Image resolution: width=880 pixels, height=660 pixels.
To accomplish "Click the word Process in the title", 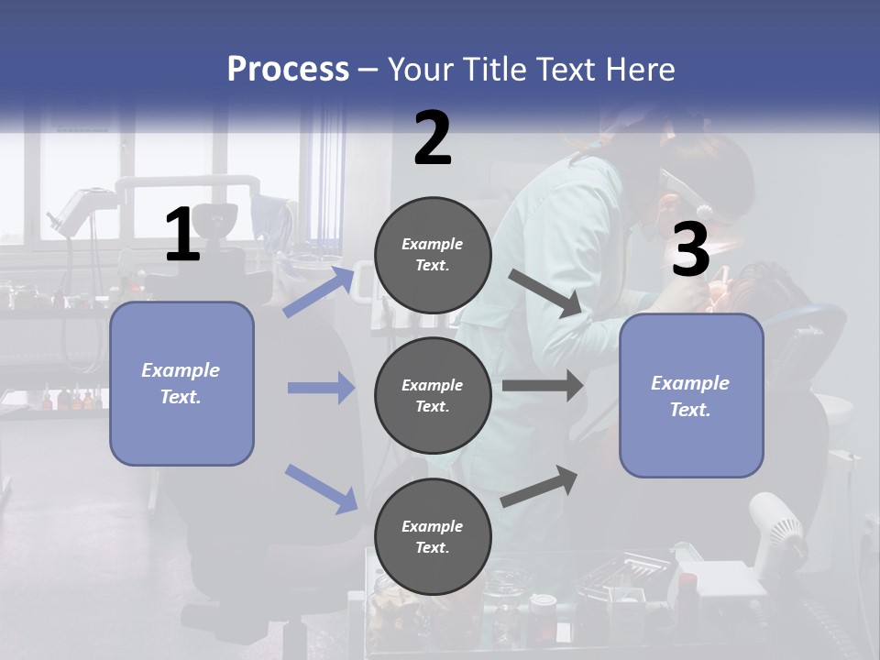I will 288,70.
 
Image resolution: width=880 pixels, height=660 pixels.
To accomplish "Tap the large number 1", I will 182,236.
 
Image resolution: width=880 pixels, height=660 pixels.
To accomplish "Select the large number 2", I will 433,138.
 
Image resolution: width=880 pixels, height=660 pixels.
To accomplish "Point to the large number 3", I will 690,250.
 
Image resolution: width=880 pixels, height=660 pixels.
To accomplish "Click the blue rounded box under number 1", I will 181,383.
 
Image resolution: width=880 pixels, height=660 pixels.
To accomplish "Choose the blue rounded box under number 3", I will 691,395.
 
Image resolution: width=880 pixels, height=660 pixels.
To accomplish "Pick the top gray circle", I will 433,255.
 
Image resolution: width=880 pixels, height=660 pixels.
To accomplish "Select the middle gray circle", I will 433,395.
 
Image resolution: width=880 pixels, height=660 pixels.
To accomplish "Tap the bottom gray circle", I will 433,536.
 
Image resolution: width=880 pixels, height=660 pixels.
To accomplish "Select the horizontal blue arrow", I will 321,388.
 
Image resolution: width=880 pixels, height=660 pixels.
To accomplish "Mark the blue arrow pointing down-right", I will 322,488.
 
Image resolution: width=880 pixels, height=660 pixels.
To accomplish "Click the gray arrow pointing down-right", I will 544,292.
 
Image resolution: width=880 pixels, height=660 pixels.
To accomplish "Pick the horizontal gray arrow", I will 543,386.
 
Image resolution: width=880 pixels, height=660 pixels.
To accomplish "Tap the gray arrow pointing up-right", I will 540,487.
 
